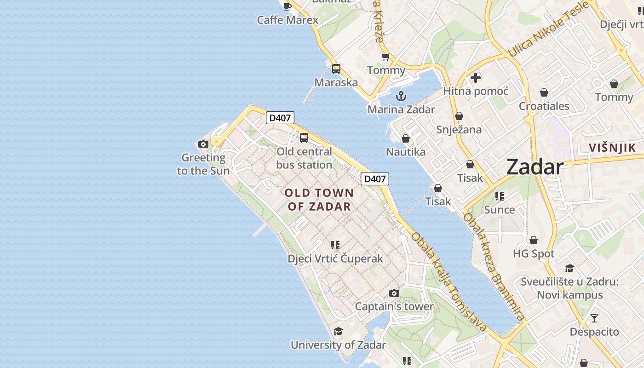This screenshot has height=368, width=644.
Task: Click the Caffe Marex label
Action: click(x=287, y=20)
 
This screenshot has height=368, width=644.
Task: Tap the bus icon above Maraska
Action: click(x=336, y=69)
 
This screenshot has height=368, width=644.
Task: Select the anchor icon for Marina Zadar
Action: click(x=401, y=96)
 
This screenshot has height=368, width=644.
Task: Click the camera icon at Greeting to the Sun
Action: click(x=203, y=144)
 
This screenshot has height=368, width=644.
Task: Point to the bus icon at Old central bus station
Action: click(x=304, y=138)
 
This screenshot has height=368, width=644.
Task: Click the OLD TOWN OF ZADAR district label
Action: click(x=319, y=200)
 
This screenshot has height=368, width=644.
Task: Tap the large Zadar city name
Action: click(x=535, y=167)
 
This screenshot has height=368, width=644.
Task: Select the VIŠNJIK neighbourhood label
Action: click(x=613, y=148)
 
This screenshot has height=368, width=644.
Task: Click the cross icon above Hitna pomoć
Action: click(x=476, y=78)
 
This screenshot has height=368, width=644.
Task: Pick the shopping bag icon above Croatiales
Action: click(x=544, y=92)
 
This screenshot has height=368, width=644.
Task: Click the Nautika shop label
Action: click(x=406, y=152)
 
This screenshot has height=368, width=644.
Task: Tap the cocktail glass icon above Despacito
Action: click(x=594, y=318)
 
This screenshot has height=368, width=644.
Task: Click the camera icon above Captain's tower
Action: click(x=394, y=293)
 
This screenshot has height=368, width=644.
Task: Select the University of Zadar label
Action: click(x=338, y=345)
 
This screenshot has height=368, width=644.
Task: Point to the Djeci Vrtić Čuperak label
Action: click(x=335, y=259)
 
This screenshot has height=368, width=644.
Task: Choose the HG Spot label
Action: click(x=534, y=253)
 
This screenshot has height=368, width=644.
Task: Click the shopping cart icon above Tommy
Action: click(x=386, y=57)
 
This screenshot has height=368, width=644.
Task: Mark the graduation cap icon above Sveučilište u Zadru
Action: click(x=569, y=268)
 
